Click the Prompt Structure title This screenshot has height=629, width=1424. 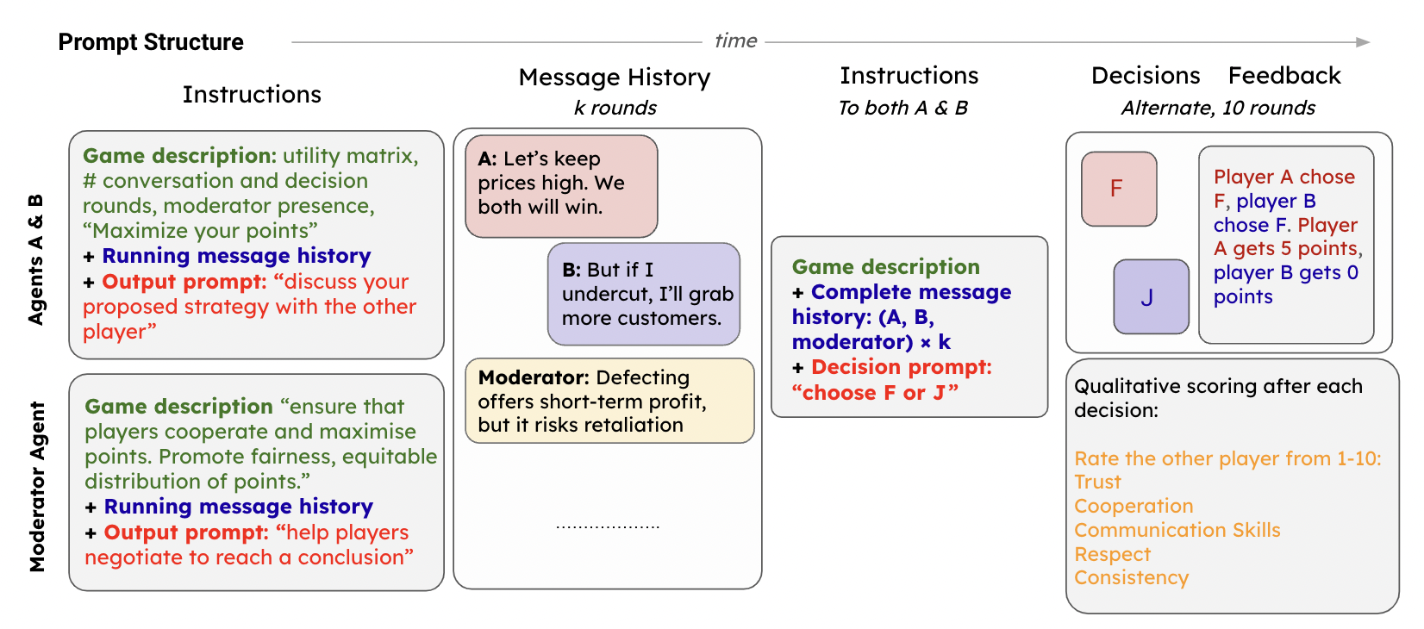[151, 42]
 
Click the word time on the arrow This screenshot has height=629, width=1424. [735, 40]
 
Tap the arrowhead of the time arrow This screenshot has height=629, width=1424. [1363, 42]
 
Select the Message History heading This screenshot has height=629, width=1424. [615, 78]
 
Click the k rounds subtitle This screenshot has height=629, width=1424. [615, 108]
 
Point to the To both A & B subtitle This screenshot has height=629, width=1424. [902, 108]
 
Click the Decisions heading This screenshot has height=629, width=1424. [1146, 76]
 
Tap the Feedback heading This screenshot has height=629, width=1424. [1284, 76]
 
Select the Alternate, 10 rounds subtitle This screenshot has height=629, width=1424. [1218, 108]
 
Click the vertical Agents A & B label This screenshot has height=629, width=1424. [35, 259]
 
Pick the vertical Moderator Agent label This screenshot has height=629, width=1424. [37, 487]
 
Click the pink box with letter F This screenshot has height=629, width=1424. [1119, 189]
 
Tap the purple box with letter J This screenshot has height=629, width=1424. [1151, 296]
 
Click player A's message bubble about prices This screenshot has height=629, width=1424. [561, 185]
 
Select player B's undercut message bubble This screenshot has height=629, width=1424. [644, 294]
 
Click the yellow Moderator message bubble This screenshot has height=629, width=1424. [609, 401]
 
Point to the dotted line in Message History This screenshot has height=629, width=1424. [608, 526]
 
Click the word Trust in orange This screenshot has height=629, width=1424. [1097, 483]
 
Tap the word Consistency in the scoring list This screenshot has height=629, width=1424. [1131, 578]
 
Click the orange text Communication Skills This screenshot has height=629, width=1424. [1177, 530]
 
